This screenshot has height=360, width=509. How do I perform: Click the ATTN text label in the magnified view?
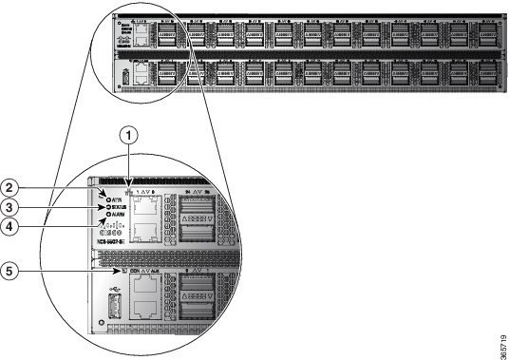[x=119, y=198]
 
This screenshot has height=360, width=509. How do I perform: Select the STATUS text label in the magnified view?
[x=121, y=206]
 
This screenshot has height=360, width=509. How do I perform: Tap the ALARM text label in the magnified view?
[x=121, y=216]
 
